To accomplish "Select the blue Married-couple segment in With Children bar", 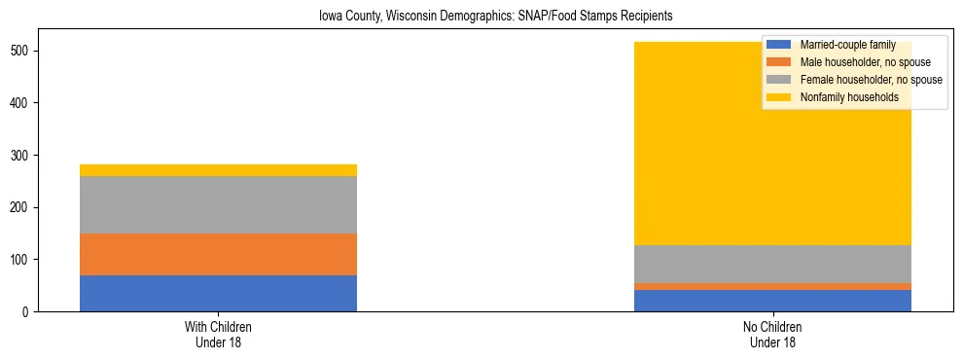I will click(218, 293).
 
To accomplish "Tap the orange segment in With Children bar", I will click(218, 255).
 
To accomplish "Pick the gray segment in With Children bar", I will click(218, 205).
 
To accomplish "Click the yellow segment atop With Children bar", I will click(218, 170).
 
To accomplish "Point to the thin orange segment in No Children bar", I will click(772, 286).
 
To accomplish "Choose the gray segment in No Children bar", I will click(772, 264).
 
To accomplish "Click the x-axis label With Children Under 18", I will click(218, 334).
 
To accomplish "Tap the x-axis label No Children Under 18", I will click(772, 334).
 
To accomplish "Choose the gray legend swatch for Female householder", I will click(779, 80).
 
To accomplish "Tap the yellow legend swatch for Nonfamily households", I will click(779, 97).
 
